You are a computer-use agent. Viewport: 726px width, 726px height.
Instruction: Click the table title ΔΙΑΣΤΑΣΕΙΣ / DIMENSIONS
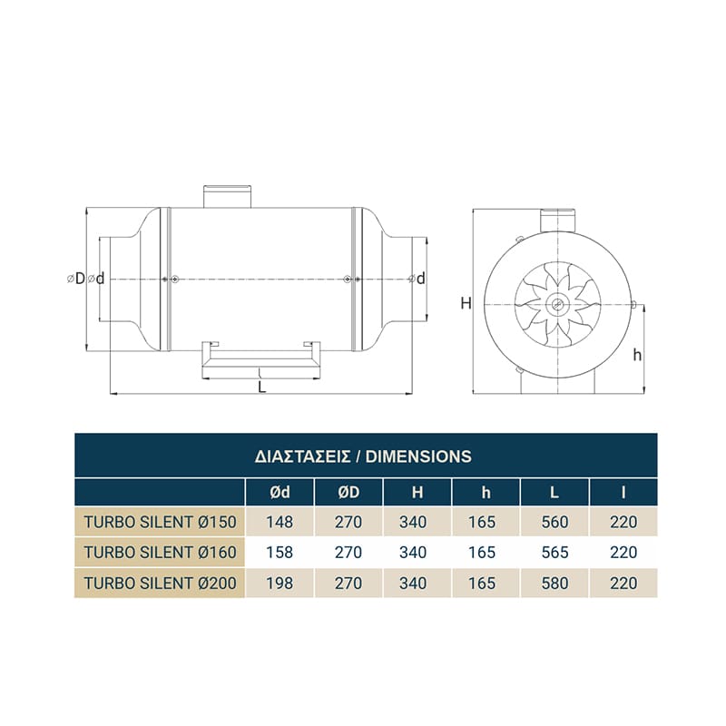point(363,456)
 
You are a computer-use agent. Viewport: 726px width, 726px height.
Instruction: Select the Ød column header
point(280,492)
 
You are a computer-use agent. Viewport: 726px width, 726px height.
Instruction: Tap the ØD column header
point(348,492)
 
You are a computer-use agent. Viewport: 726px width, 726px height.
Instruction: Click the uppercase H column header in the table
point(417,492)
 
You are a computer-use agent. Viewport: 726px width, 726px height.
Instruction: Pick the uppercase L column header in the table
point(554,492)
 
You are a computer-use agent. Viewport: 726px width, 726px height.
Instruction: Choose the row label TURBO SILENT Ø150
point(160,523)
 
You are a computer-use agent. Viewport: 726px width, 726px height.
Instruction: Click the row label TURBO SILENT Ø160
point(160,553)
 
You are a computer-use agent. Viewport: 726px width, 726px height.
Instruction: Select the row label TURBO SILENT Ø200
point(160,583)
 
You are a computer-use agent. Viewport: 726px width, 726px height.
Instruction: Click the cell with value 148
point(280,523)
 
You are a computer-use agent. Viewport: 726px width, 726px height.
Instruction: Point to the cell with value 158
point(280,553)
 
